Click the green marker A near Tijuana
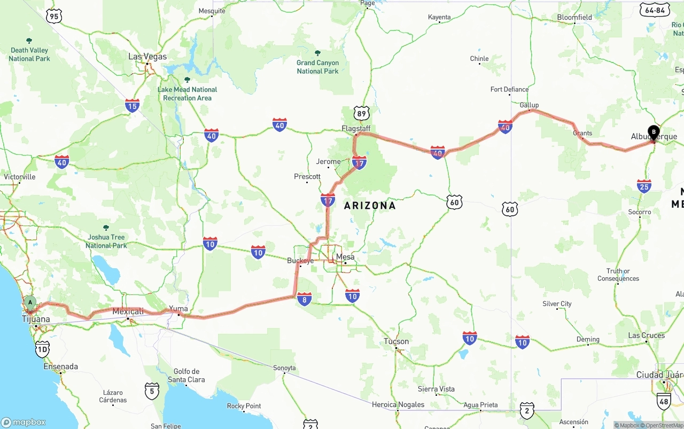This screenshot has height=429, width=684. [x=30, y=303]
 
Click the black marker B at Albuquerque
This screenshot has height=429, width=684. [x=654, y=132]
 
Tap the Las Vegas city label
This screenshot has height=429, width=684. [x=147, y=57]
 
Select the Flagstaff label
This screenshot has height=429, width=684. [x=356, y=129]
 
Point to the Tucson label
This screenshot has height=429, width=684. [x=396, y=341]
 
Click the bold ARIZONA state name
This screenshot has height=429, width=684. [x=370, y=206]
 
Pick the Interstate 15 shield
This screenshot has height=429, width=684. [x=133, y=105]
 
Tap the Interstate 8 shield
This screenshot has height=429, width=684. [x=305, y=299]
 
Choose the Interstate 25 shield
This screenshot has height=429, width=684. [x=644, y=186]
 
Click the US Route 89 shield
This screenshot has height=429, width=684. [x=361, y=113]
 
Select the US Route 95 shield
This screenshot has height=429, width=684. [x=54, y=17]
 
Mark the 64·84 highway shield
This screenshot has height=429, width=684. [x=655, y=10]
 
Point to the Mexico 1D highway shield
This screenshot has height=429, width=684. [x=42, y=350]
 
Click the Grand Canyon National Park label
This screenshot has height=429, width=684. [x=317, y=67]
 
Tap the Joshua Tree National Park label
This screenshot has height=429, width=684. [x=106, y=241]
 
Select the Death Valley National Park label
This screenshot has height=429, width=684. [x=29, y=54]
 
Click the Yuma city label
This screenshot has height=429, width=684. [x=178, y=309]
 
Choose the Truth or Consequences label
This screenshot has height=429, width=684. [x=618, y=275]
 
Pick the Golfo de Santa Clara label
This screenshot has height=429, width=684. [x=186, y=376]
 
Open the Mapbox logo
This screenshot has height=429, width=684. [x=24, y=422]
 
